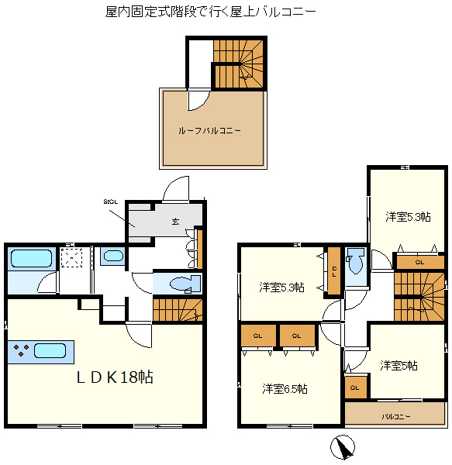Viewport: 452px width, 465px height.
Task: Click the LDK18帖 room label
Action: click(115, 377)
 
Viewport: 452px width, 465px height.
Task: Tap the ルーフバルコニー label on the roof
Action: click(209, 130)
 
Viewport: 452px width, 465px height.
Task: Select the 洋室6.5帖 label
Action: click(285, 389)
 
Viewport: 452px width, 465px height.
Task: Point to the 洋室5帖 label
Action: click(399, 366)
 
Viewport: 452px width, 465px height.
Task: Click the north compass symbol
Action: click(343, 447)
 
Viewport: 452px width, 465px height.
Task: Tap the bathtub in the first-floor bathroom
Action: click(32, 258)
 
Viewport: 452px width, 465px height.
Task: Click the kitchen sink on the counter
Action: click(50, 351)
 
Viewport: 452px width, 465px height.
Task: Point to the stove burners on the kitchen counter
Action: click(21, 350)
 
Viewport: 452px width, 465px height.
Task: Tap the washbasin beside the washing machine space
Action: click(113, 256)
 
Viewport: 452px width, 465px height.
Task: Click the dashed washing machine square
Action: click(71, 258)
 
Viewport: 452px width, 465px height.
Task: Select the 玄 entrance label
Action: click(175, 221)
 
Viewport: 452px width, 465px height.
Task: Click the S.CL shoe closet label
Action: click(111, 202)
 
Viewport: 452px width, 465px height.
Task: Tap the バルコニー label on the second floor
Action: click(396, 417)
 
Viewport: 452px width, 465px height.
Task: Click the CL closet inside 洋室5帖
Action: click(355, 387)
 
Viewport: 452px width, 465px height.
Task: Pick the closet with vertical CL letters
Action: click(334, 271)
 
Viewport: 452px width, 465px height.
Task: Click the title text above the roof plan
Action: click(210, 12)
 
